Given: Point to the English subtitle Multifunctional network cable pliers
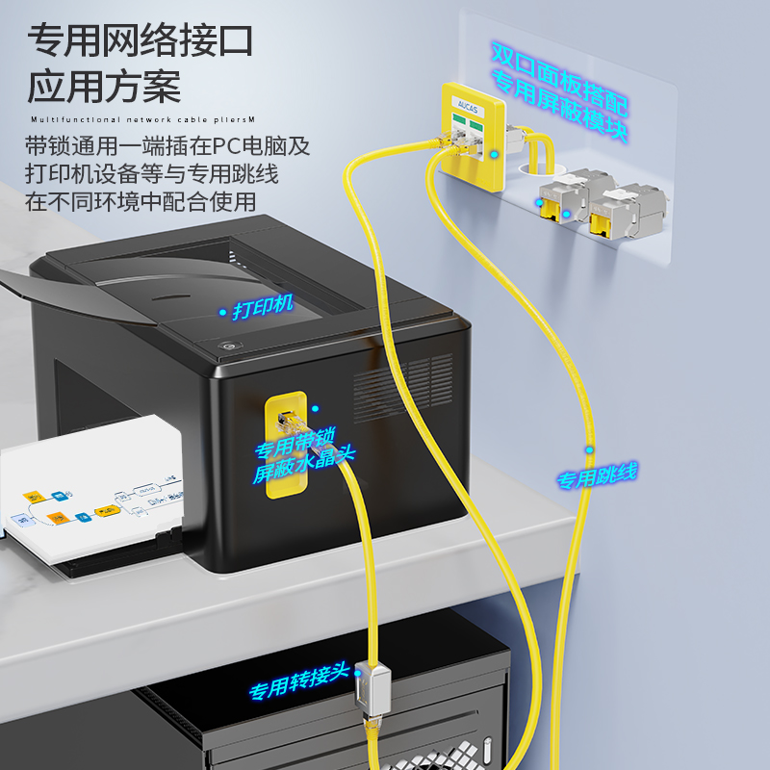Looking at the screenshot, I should [x=141, y=120].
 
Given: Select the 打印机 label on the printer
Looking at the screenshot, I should [x=262, y=311].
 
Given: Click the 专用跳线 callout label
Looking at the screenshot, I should [x=597, y=475].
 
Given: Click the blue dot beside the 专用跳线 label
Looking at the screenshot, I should [x=589, y=449].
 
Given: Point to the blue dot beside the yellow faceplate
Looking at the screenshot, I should [x=495, y=153].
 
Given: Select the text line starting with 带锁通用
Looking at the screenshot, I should [x=168, y=147].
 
